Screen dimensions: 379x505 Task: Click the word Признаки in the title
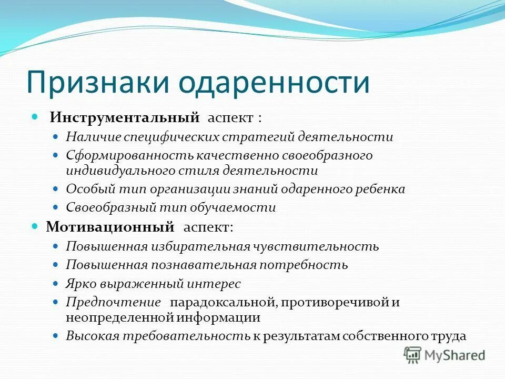point(99,82)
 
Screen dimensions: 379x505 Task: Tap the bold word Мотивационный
point(110,227)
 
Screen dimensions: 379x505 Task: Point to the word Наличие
point(93,137)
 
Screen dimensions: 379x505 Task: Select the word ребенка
point(381,189)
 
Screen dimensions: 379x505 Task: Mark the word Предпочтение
point(113,303)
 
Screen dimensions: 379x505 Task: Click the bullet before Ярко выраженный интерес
point(57,284)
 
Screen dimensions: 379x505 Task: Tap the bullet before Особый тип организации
point(57,188)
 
